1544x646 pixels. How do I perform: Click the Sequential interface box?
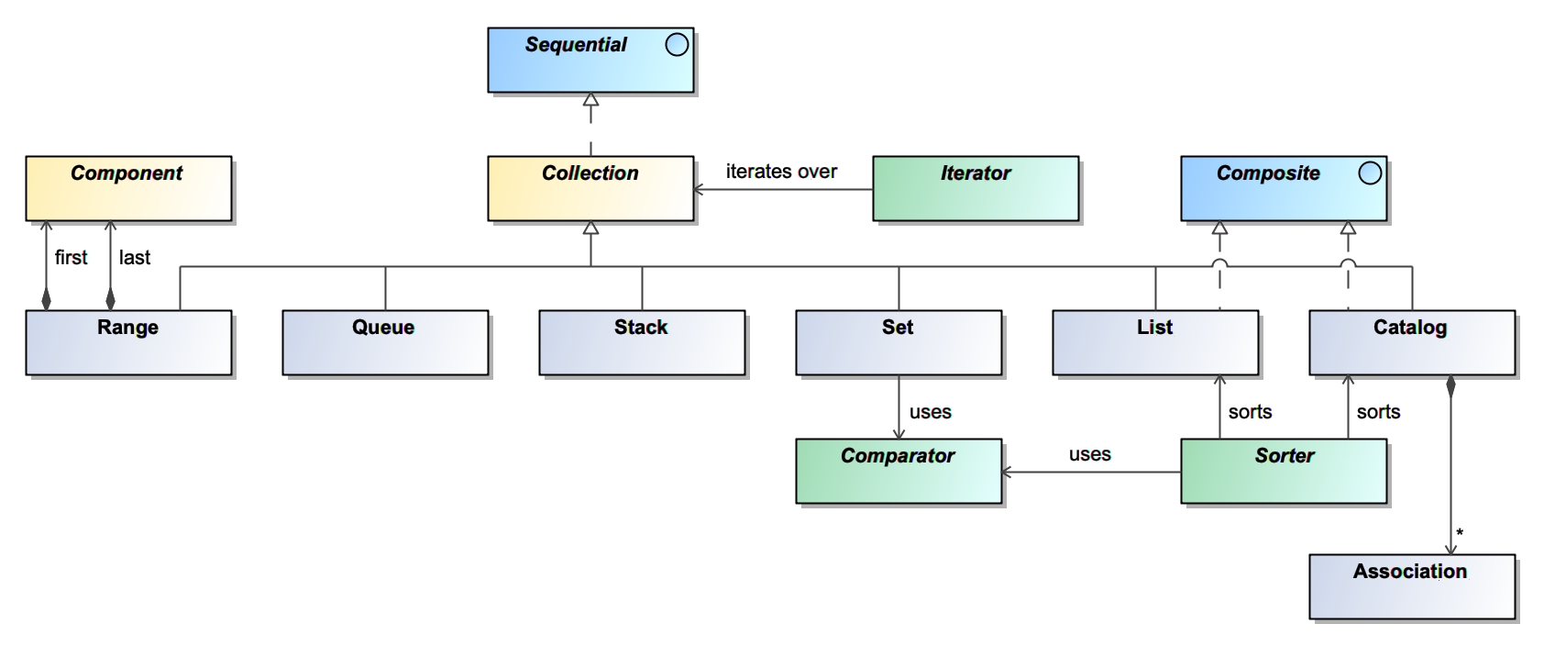click(590, 61)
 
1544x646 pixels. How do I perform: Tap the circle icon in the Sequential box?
click(677, 44)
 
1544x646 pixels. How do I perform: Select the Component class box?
click(128, 189)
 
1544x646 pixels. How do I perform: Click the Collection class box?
click(590, 189)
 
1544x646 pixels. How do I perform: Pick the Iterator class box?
click(975, 189)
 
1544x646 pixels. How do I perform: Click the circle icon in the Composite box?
click(1370, 173)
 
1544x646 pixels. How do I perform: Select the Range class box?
click(128, 343)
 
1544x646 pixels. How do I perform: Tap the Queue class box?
click(384, 343)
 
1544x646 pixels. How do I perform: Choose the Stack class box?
click(641, 343)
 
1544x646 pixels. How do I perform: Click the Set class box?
click(898, 343)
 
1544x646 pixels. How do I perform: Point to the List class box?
click(1154, 343)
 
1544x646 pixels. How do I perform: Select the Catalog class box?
click(1411, 343)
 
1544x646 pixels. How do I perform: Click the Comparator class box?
click(898, 472)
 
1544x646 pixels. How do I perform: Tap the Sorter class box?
click(1283, 472)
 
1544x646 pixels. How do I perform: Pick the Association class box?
click(1411, 587)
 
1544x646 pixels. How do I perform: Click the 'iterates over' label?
click(781, 172)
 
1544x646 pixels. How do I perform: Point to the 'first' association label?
click(71, 258)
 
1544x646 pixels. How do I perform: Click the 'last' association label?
click(134, 258)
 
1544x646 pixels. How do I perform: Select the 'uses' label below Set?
click(930, 412)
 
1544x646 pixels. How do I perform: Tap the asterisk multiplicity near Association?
click(1459, 533)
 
